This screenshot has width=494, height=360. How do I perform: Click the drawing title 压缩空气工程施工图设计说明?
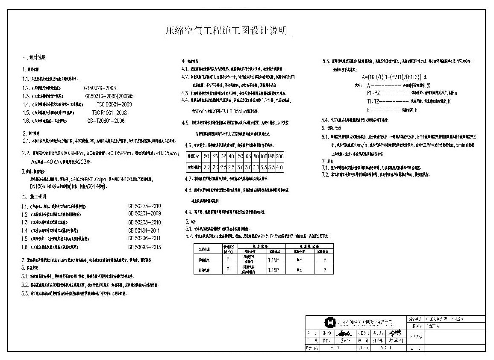[x=226, y=31]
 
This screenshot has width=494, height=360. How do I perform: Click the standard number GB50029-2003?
[x=101, y=87]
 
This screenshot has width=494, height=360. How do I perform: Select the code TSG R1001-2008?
[x=109, y=112]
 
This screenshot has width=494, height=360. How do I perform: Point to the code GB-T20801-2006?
[x=106, y=121]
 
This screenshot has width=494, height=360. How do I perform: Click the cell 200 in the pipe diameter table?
[x=279, y=157]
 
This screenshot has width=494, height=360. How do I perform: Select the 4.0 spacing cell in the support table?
[x=279, y=167]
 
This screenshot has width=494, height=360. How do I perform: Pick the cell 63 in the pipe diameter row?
[x=248, y=157]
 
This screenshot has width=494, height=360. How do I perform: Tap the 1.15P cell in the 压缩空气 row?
[x=273, y=259]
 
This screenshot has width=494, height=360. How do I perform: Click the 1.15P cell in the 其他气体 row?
[x=273, y=270]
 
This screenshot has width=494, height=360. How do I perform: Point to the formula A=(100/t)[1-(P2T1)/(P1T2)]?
[x=391, y=77]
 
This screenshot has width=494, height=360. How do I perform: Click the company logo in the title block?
[x=329, y=322]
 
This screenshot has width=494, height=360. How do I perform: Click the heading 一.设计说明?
[x=34, y=57]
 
